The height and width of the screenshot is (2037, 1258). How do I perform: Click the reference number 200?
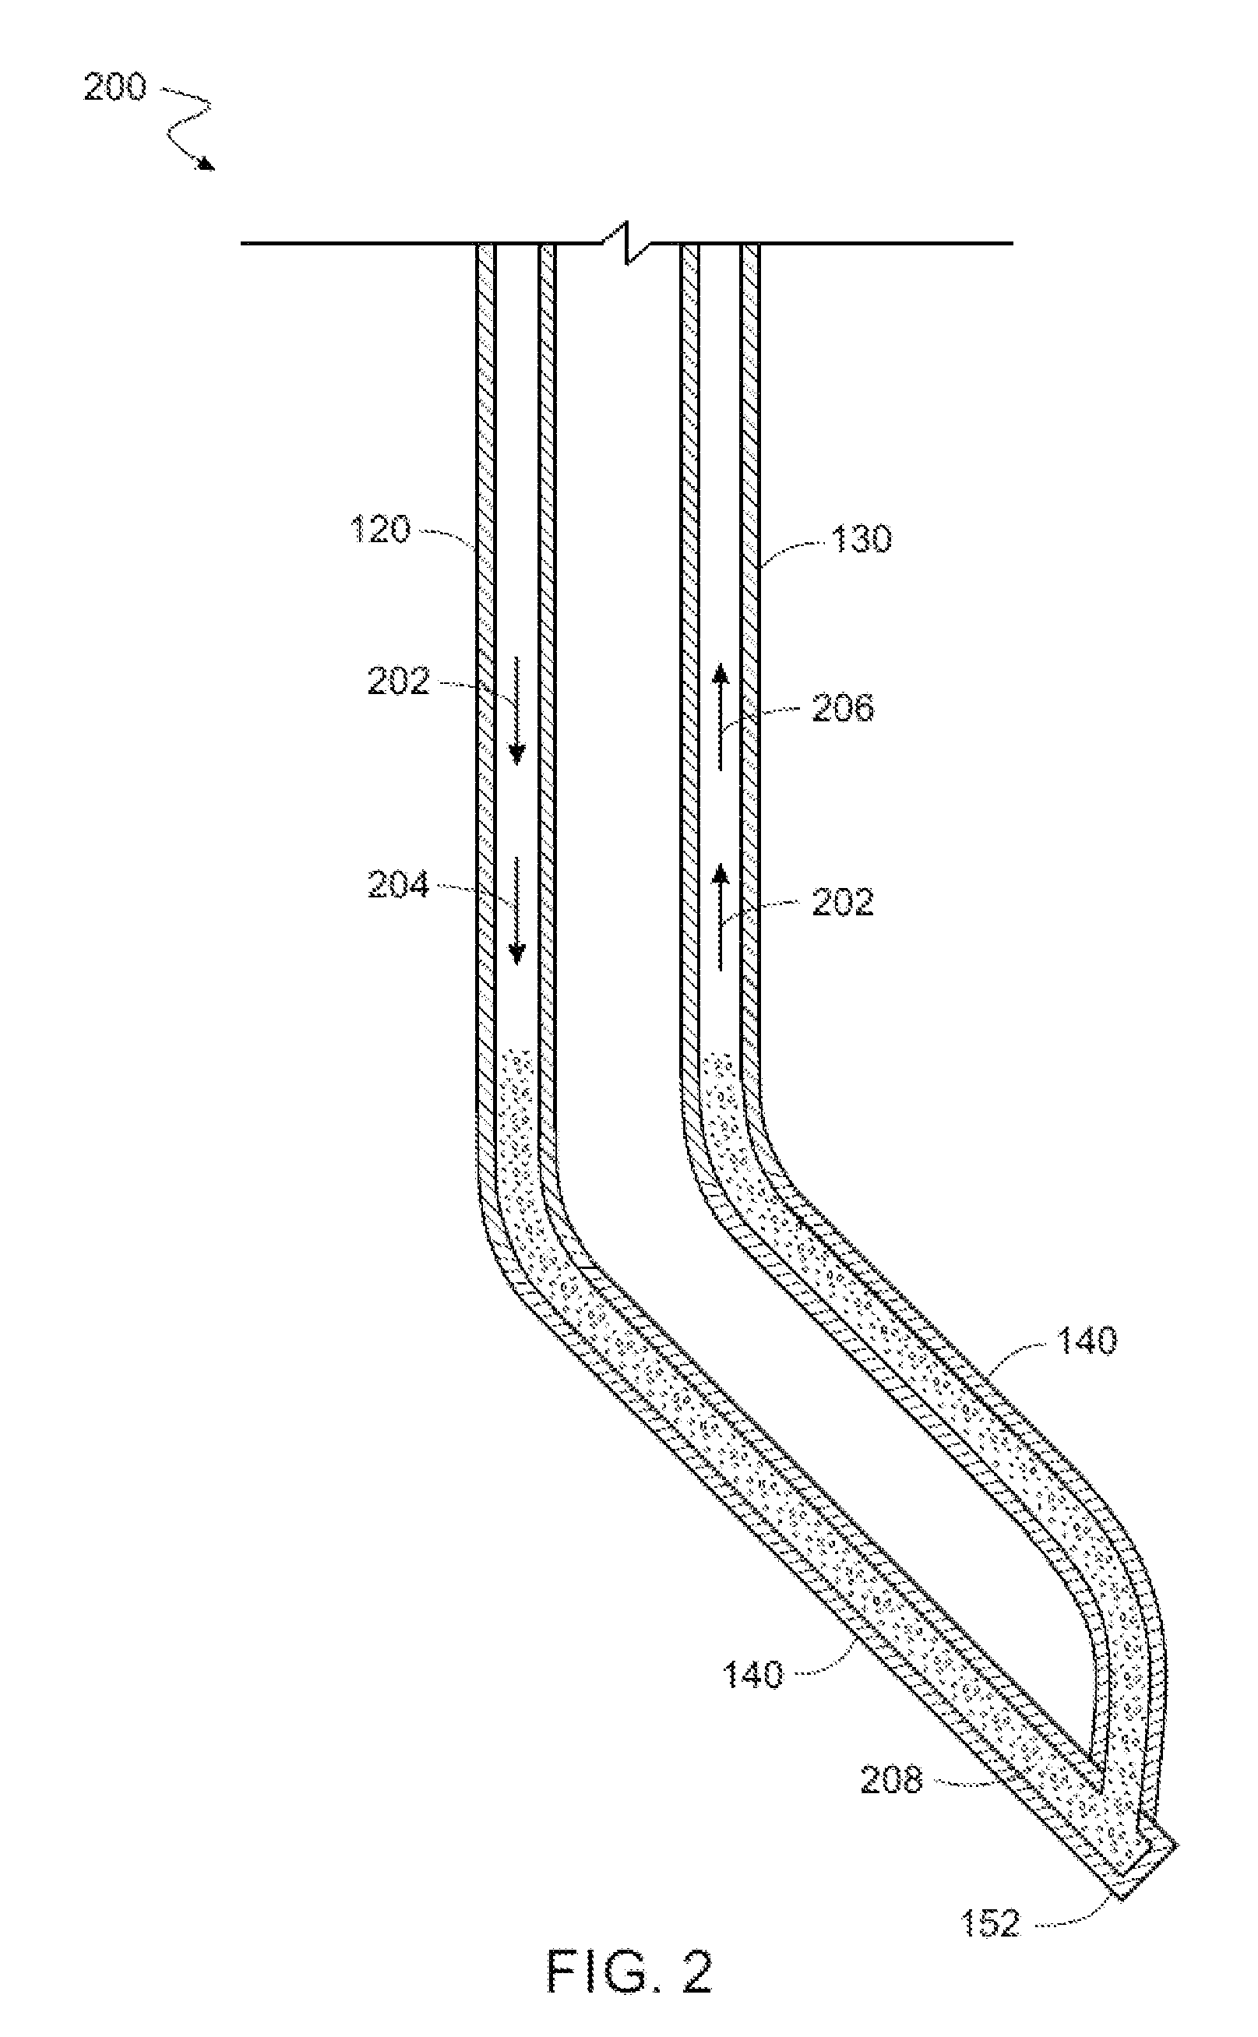pos(115,87)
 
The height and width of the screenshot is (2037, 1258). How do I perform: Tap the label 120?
pos(380,530)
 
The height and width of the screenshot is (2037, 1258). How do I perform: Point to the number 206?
pos(843,709)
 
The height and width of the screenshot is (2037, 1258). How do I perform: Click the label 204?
pos(399,885)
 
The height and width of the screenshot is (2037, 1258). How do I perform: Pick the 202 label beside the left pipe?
pos(399,682)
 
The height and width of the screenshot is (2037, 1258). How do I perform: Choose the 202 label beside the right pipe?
pos(843,904)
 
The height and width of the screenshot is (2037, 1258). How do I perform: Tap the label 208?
pos(891,1781)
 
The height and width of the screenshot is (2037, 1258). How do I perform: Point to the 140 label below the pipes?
pos(753,1674)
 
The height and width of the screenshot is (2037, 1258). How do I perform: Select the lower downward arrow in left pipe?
pos(516,910)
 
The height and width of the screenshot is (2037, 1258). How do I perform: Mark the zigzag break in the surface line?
pos(627,243)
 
